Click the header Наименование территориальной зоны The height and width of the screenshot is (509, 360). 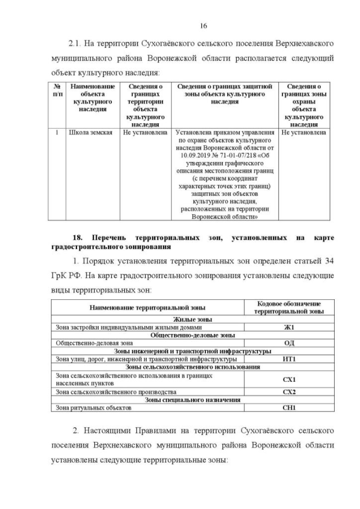pyautogui.click(x=147, y=307)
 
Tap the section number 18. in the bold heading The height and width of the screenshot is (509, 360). pyautogui.click(x=75, y=238)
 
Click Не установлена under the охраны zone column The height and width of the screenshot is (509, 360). pyautogui.click(x=304, y=133)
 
